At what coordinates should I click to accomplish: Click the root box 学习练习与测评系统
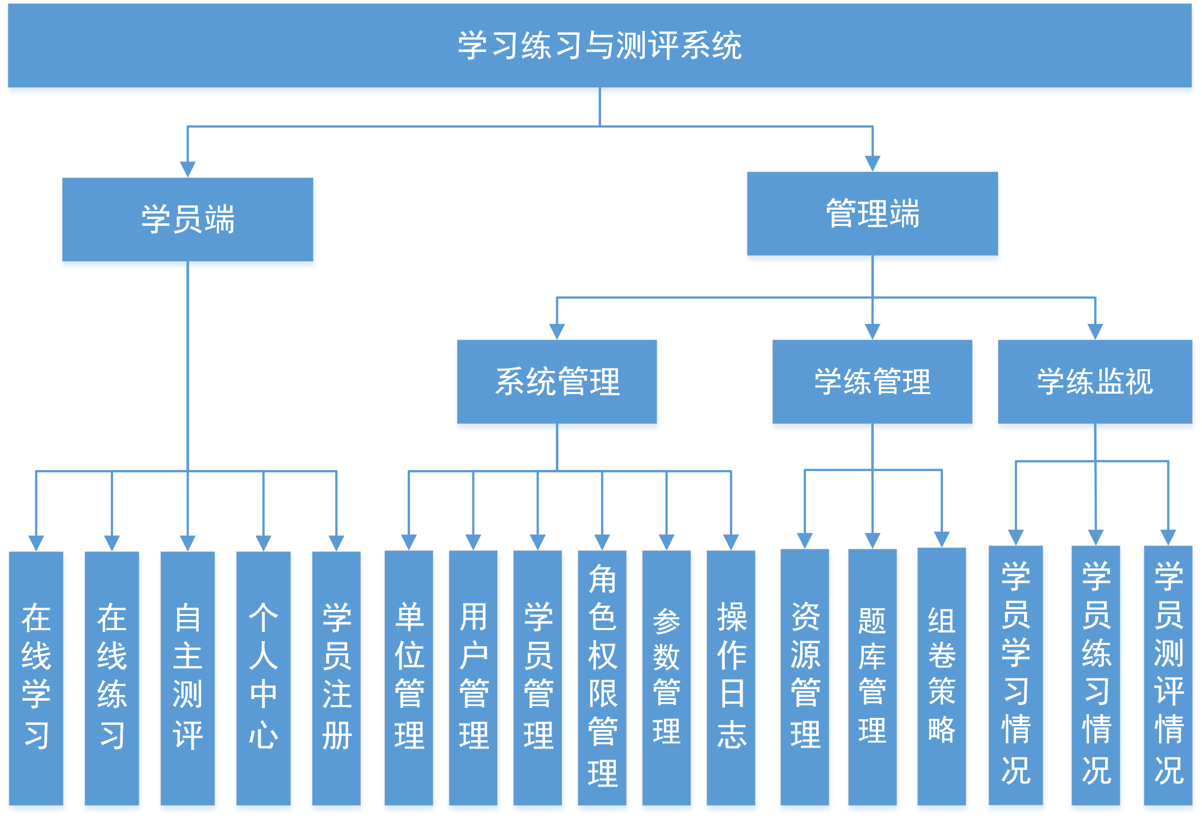click(x=600, y=46)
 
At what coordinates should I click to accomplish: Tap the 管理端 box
click(x=872, y=213)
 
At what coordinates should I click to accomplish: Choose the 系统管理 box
click(x=557, y=381)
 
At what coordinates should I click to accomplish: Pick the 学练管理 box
click(x=872, y=381)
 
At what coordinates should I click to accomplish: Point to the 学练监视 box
click(x=1094, y=381)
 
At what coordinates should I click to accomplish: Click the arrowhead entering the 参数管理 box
click(x=666, y=542)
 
